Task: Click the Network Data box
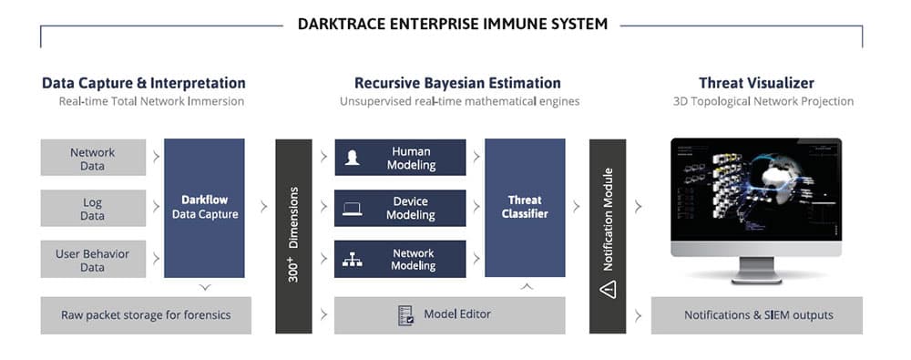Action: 93,158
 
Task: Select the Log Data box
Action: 93,209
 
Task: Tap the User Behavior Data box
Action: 93,260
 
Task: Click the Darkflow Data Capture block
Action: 205,208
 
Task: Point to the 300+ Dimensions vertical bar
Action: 293,236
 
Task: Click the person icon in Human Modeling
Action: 352,159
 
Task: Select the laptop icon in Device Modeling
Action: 352,209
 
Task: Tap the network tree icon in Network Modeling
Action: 352,260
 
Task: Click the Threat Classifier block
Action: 526,208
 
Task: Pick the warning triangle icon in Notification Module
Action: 608,290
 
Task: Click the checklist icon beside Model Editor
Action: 406,315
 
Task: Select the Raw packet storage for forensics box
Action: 146,315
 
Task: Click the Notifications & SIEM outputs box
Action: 758,315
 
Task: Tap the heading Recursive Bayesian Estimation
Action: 457,83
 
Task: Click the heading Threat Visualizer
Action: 758,83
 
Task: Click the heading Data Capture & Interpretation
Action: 144,83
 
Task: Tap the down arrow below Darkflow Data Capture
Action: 205,287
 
